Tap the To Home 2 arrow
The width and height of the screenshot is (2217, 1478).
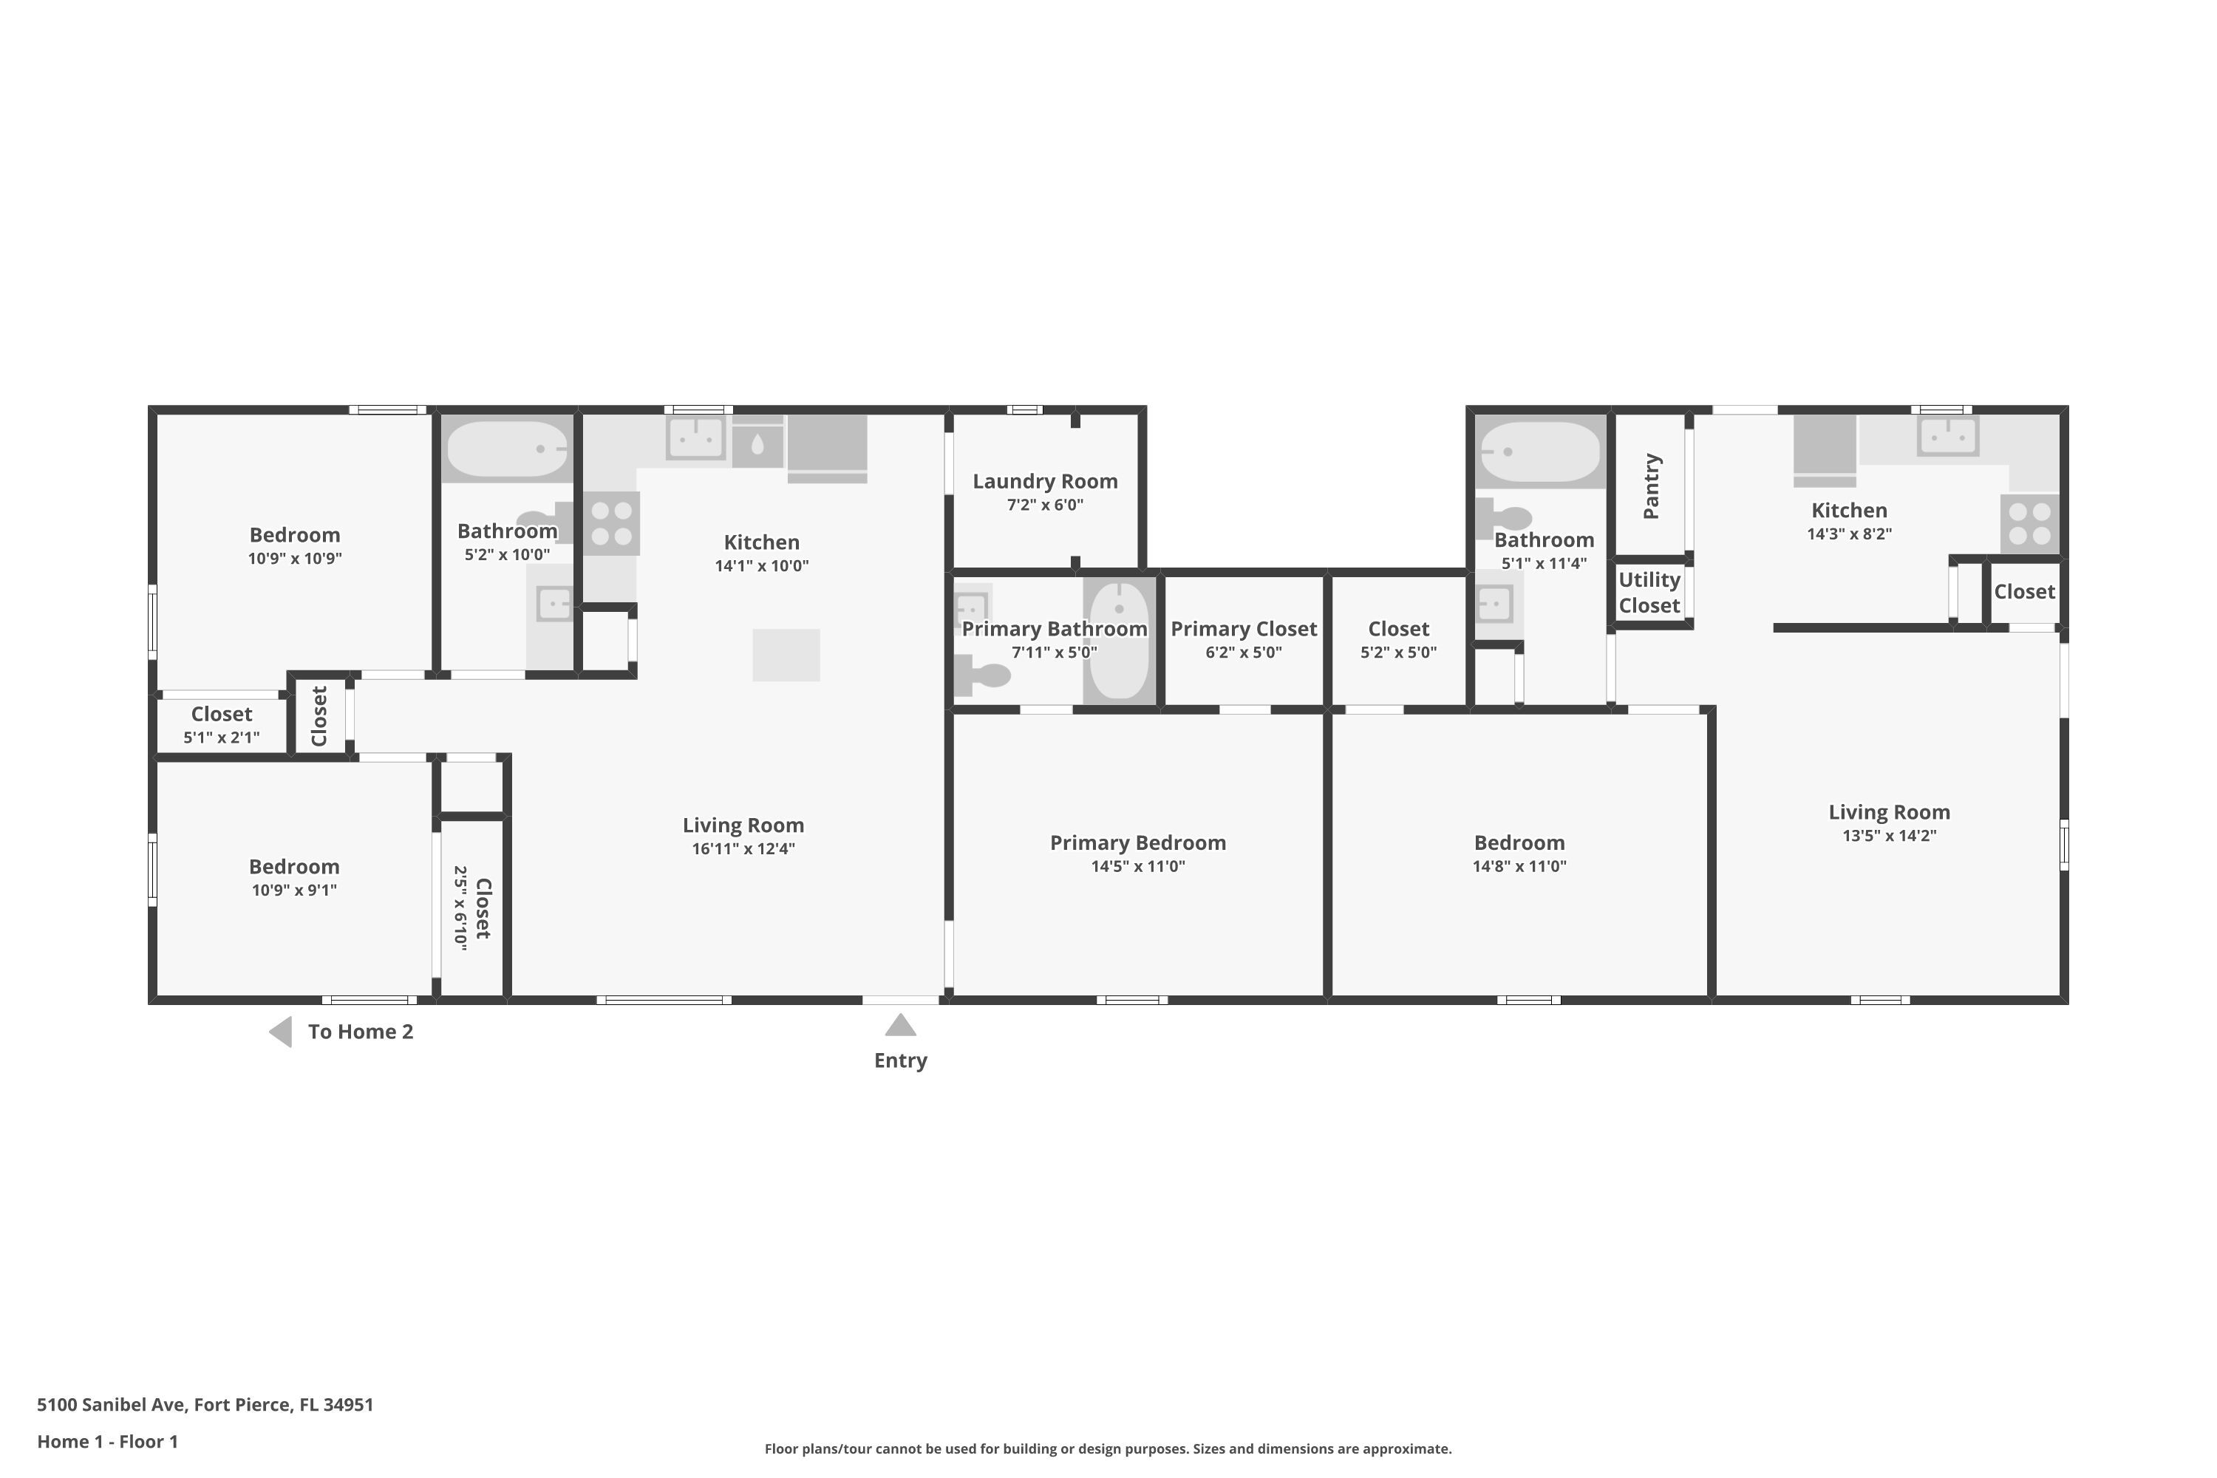click(280, 1032)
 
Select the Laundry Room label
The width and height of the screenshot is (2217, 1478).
click(1046, 482)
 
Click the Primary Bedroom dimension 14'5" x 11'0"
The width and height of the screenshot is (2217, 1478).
click(1138, 866)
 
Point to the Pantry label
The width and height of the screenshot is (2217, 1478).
click(1652, 486)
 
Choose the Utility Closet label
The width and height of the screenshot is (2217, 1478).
click(1649, 593)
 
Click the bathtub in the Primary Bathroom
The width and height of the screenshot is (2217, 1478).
click(1119, 641)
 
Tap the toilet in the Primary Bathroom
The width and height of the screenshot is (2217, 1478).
click(981, 675)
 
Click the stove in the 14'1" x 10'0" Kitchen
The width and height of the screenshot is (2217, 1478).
click(612, 523)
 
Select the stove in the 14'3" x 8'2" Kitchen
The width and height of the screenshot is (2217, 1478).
click(2029, 524)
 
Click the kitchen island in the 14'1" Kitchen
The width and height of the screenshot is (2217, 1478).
click(786, 654)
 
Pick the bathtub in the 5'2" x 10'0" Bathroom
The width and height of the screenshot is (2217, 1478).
click(507, 449)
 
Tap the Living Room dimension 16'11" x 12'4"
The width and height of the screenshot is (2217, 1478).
click(743, 848)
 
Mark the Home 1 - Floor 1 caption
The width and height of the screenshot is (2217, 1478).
click(107, 1441)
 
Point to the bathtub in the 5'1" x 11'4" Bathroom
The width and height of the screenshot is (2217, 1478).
click(1540, 452)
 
